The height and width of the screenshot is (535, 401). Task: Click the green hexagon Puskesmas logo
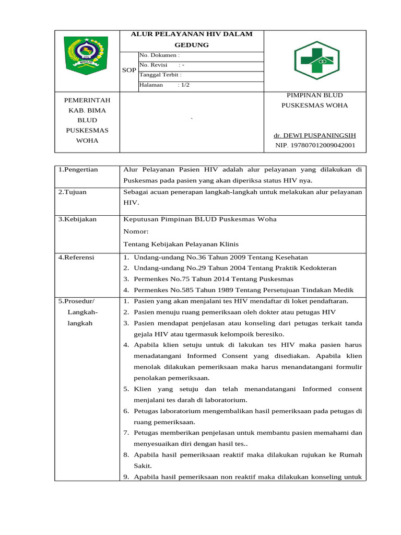click(316, 60)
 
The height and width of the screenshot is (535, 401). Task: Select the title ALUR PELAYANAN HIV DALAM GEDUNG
click(191, 40)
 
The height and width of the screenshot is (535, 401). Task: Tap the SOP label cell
click(128, 70)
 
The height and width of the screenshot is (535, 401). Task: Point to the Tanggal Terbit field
click(160, 75)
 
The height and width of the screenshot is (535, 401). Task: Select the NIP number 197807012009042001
click(315, 145)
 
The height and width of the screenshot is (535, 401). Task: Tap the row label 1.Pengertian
click(78, 169)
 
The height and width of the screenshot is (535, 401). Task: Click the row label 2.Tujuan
click(73, 192)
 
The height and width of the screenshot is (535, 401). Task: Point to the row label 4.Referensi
click(77, 257)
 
